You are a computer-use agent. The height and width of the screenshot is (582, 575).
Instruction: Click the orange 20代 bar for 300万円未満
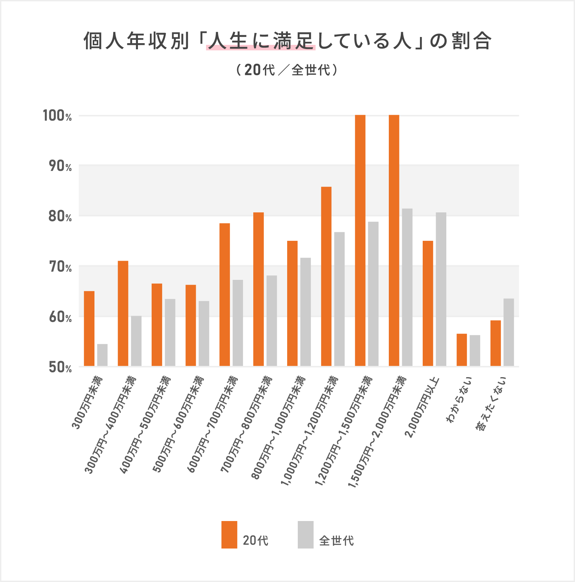(x=89, y=329)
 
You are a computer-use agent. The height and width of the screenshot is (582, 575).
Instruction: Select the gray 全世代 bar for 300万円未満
(x=102, y=355)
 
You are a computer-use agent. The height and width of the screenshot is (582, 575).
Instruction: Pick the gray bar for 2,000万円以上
(x=441, y=289)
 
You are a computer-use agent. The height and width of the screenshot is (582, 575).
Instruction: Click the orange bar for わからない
(x=462, y=350)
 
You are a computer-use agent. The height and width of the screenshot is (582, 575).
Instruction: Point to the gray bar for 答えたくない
(x=509, y=332)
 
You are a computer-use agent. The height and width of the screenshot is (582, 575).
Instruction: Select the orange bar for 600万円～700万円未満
(x=225, y=295)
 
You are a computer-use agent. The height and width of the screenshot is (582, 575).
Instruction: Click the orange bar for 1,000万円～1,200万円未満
(x=326, y=276)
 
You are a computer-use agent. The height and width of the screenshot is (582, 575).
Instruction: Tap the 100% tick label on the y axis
(x=57, y=116)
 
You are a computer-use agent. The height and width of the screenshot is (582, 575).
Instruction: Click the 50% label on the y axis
(x=60, y=368)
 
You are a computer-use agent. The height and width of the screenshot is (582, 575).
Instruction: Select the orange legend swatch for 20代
(x=229, y=535)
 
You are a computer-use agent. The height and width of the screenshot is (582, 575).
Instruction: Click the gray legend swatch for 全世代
(x=305, y=535)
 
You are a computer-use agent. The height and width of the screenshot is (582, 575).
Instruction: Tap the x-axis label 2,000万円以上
(x=422, y=407)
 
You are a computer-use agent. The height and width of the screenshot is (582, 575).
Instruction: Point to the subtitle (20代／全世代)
(x=287, y=70)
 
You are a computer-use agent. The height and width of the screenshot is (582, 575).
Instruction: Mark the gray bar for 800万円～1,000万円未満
(x=305, y=312)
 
